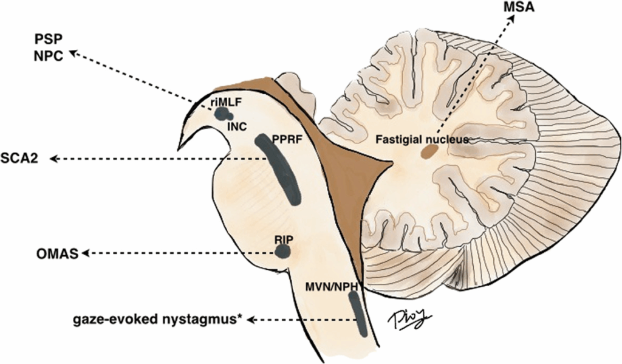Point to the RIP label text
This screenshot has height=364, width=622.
pos(282,239)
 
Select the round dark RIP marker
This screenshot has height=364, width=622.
pos(282,250)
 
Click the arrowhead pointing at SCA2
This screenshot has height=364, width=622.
pos(54,159)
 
